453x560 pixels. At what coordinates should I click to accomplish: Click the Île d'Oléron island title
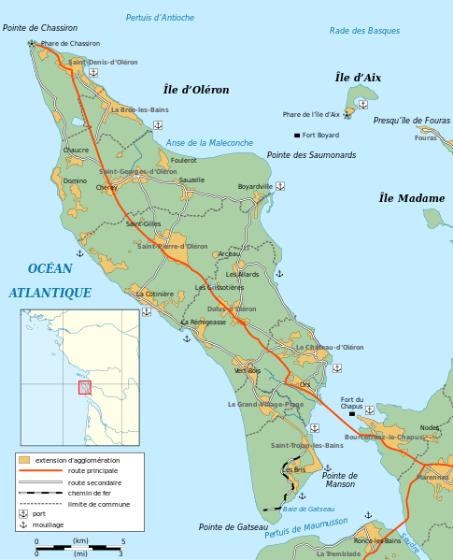pyautogui.click(x=196, y=90)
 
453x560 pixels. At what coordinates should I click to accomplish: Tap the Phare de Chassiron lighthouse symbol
pyautogui.click(x=33, y=43)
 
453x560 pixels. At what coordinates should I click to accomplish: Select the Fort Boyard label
pyautogui.click(x=320, y=136)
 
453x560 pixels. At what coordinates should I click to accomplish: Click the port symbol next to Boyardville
pyautogui.click(x=280, y=186)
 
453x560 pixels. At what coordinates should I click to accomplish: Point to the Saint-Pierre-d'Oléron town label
pyautogui.click(x=173, y=246)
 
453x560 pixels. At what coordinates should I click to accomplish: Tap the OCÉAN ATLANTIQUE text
pyautogui.click(x=50, y=280)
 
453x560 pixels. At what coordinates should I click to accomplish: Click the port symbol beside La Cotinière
pyautogui.click(x=147, y=311)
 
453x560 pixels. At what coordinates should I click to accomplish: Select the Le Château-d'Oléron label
pyautogui.click(x=330, y=347)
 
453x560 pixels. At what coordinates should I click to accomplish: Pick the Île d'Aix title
pyautogui.click(x=358, y=78)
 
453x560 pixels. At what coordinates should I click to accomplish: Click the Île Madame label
pyautogui.click(x=412, y=198)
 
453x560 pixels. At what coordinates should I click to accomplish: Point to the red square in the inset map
pyautogui.click(x=84, y=387)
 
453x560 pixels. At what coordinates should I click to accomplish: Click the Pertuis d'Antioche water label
pyautogui.click(x=161, y=18)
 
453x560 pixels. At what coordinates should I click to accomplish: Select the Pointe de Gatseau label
pyautogui.click(x=233, y=527)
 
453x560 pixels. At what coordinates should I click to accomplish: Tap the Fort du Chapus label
pyautogui.click(x=351, y=402)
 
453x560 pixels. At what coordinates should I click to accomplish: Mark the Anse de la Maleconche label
pyautogui.click(x=209, y=143)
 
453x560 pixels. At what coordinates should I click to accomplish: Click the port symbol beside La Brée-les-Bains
pyautogui.click(x=158, y=124)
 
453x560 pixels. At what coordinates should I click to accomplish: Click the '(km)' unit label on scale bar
pyautogui.click(x=80, y=541)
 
